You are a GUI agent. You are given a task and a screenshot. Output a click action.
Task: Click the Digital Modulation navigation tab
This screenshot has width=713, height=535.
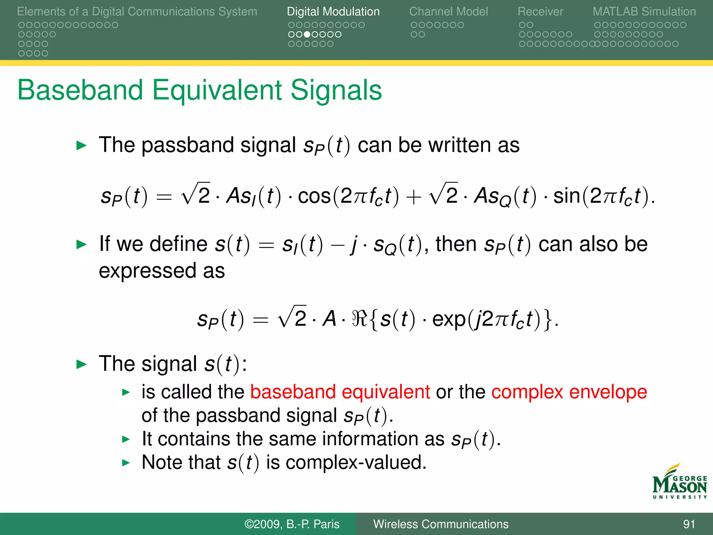click(333, 11)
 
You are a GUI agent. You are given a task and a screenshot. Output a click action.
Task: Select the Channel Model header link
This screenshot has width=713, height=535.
click(448, 11)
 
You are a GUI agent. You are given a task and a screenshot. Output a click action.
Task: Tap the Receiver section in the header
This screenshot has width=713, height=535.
click(540, 11)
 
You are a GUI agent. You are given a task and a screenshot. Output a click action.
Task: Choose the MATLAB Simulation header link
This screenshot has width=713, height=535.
click(644, 11)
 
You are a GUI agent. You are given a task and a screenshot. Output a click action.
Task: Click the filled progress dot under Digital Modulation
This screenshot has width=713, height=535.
click(307, 34)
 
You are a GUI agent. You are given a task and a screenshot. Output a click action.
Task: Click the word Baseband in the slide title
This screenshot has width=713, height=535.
click(80, 90)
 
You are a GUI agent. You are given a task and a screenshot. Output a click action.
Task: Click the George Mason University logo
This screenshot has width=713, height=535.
click(679, 482)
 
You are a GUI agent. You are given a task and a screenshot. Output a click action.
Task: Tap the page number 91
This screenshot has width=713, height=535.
click(689, 524)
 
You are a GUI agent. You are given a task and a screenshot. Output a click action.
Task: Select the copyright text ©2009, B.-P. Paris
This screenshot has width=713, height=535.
click(292, 524)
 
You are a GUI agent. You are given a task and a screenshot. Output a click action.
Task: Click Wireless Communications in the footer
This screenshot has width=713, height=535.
click(441, 524)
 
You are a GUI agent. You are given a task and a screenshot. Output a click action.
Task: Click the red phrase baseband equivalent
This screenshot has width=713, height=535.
click(340, 392)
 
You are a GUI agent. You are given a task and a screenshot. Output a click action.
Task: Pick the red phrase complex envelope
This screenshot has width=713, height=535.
click(569, 392)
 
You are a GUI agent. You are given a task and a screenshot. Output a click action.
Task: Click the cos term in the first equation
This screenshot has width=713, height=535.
click(314, 196)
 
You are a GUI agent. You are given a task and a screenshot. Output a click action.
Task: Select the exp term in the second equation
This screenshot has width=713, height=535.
click(448, 319)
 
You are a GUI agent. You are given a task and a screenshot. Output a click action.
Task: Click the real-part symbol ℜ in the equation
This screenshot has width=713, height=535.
click(359, 318)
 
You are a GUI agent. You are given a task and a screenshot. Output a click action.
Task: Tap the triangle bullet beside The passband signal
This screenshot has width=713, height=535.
click(81, 146)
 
